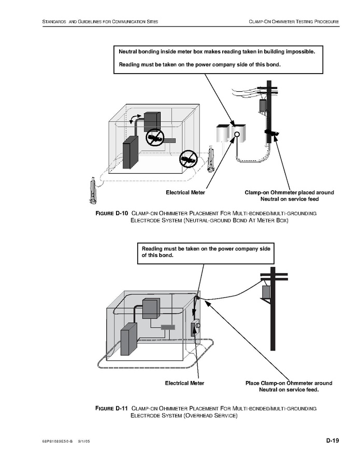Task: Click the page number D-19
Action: (x=332, y=441)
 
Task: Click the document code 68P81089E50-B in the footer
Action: (x=57, y=442)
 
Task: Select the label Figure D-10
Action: (x=111, y=214)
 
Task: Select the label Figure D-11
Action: (x=111, y=408)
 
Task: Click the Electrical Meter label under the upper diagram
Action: (x=185, y=192)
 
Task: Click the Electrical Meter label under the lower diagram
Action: (x=184, y=383)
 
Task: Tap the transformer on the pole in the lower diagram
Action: (x=266, y=292)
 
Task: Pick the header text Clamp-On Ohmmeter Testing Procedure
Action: (x=294, y=21)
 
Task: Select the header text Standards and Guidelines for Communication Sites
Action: (x=100, y=21)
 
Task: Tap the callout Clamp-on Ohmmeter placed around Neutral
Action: (x=289, y=195)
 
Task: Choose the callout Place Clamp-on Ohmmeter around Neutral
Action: (x=289, y=386)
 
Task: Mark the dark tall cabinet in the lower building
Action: (x=127, y=339)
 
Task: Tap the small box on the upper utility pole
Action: (x=263, y=105)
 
